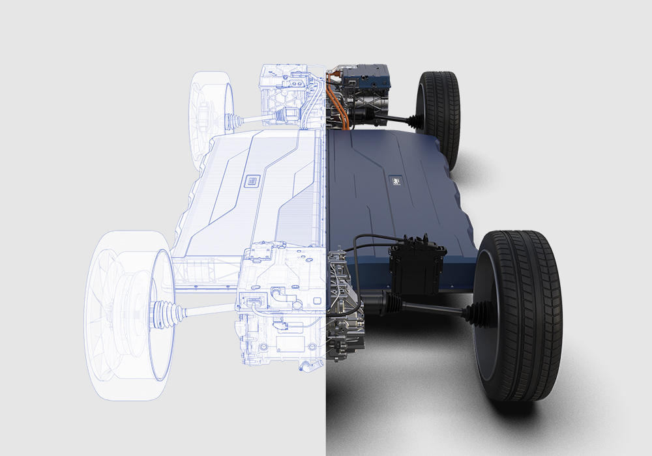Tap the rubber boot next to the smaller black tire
tap(413, 118)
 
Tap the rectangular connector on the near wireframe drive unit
tap(252, 302)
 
